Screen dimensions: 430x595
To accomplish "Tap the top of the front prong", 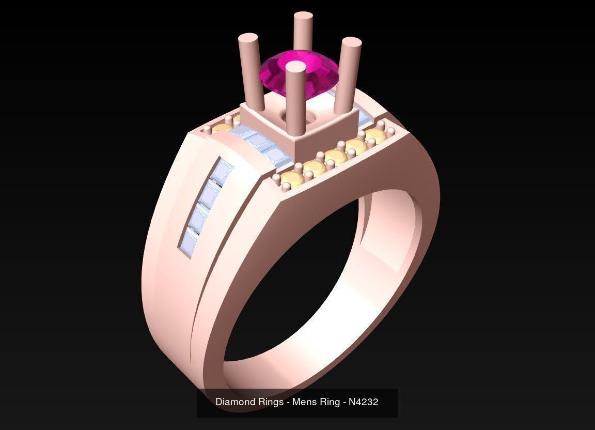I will pyautogui.click(x=295, y=67).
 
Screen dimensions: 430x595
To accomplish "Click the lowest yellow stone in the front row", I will pyautogui.click(x=291, y=180).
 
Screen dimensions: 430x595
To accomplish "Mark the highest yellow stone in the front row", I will pyautogui.click(x=375, y=135).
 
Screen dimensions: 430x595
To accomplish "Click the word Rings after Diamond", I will pyautogui.click(x=270, y=402).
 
